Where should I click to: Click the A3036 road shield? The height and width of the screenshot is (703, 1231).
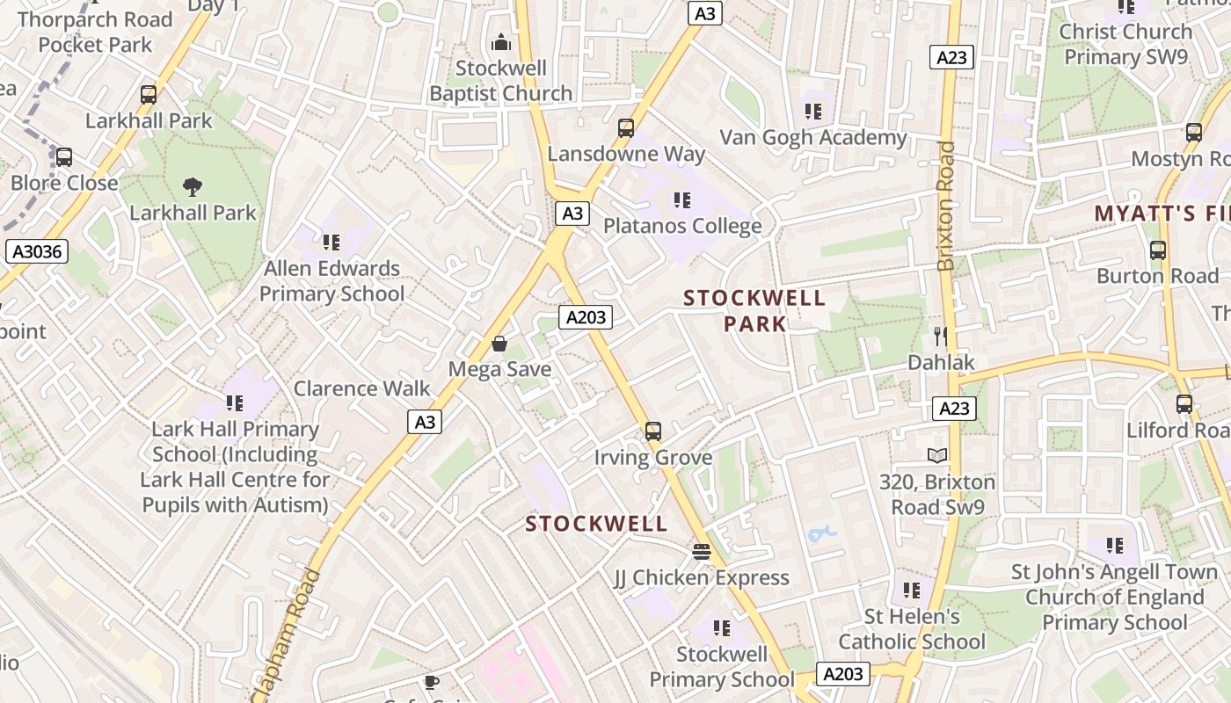pyautogui.click(x=37, y=252)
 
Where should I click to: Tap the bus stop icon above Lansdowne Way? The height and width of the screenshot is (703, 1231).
pyautogui.click(x=626, y=128)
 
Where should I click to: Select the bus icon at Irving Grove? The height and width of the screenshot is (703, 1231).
pyautogui.click(x=652, y=431)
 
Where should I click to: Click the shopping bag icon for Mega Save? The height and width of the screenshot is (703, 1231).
pyautogui.click(x=499, y=344)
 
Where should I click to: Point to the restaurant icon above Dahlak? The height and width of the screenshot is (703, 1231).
pyautogui.click(x=940, y=336)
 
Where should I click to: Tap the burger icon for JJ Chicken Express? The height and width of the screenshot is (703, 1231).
pyautogui.click(x=701, y=551)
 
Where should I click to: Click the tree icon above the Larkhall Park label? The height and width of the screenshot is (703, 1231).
pyautogui.click(x=193, y=186)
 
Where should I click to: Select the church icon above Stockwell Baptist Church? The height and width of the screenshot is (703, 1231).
pyautogui.click(x=501, y=42)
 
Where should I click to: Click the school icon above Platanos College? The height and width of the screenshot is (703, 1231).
pyautogui.click(x=681, y=200)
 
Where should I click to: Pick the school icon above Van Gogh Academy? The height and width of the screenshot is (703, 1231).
pyautogui.click(x=813, y=112)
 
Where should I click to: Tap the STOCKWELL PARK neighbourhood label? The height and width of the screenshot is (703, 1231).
pyautogui.click(x=754, y=311)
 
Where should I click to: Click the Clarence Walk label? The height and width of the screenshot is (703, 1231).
pyautogui.click(x=361, y=388)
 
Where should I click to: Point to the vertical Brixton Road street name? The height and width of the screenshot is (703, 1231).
pyautogui.click(x=946, y=206)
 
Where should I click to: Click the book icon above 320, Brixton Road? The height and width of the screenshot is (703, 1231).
pyautogui.click(x=937, y=456)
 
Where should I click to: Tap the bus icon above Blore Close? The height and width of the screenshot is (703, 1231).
pyautogui.click(x=64, y=157)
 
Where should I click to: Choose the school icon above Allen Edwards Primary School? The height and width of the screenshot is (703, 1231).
pyautogui.click(x=331, y=242)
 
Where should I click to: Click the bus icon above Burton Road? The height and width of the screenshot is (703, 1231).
pyautogui.click(x=1158, y=250)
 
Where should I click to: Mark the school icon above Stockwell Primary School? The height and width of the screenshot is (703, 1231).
pyautogui.click(x=722, y=627)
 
